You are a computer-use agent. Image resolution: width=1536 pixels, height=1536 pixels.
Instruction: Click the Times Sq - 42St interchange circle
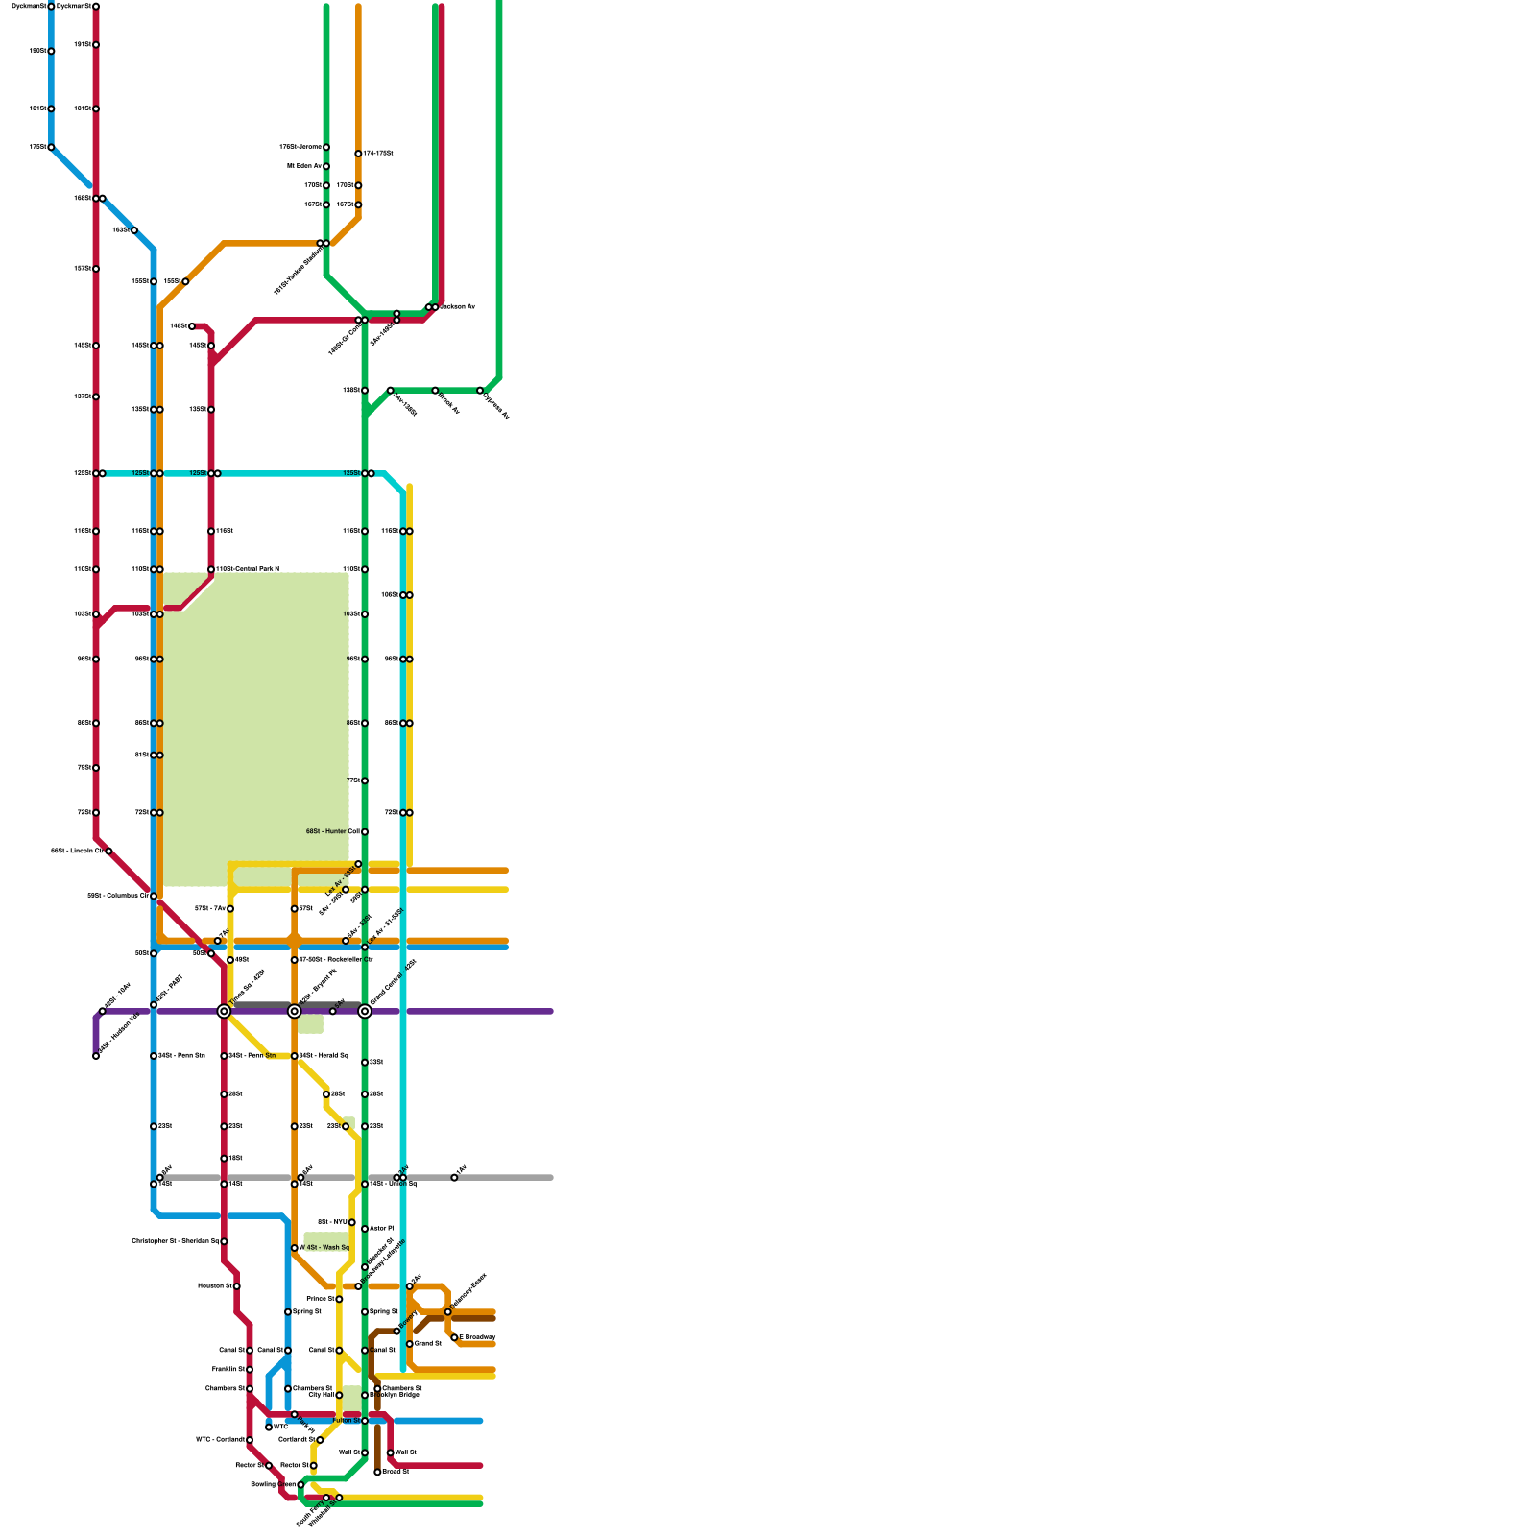pos(224,1011)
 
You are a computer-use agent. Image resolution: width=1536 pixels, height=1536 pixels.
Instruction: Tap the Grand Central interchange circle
pos(365,1011)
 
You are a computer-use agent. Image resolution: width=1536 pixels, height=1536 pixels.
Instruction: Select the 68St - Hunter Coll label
pos(333,831)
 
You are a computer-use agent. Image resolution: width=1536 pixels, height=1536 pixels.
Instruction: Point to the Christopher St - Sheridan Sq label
pos(175,1241)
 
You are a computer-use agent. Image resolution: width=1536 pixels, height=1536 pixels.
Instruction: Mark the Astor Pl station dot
pos(365,1229)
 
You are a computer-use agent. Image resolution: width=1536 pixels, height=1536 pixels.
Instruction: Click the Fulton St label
pos(346,1420)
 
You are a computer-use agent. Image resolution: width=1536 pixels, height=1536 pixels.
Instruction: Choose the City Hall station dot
pos(339,1395)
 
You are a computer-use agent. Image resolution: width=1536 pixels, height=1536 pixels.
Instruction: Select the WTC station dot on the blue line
pos(269,1428)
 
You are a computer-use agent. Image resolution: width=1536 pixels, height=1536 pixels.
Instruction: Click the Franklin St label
pos(228,1369)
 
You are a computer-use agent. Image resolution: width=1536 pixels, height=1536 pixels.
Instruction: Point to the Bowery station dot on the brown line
pos(396,1331)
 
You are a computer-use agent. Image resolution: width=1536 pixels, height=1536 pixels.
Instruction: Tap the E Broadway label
pos(477,1337)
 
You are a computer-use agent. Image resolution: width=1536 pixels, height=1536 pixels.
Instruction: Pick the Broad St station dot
pos(377,1472)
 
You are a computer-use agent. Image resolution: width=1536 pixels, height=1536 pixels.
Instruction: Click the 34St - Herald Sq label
pos(324,1056)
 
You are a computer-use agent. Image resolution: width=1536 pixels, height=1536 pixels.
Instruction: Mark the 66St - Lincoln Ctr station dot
pos(108,851)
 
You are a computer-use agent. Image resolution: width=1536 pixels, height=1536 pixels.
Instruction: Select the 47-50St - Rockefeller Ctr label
pos(336,960)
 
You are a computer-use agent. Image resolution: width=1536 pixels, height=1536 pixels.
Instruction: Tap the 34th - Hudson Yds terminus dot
pos(96,1056)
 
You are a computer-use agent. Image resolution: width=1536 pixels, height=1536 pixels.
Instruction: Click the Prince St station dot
pos(339,1299)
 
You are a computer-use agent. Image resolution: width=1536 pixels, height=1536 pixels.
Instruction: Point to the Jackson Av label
pos(458,307)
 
